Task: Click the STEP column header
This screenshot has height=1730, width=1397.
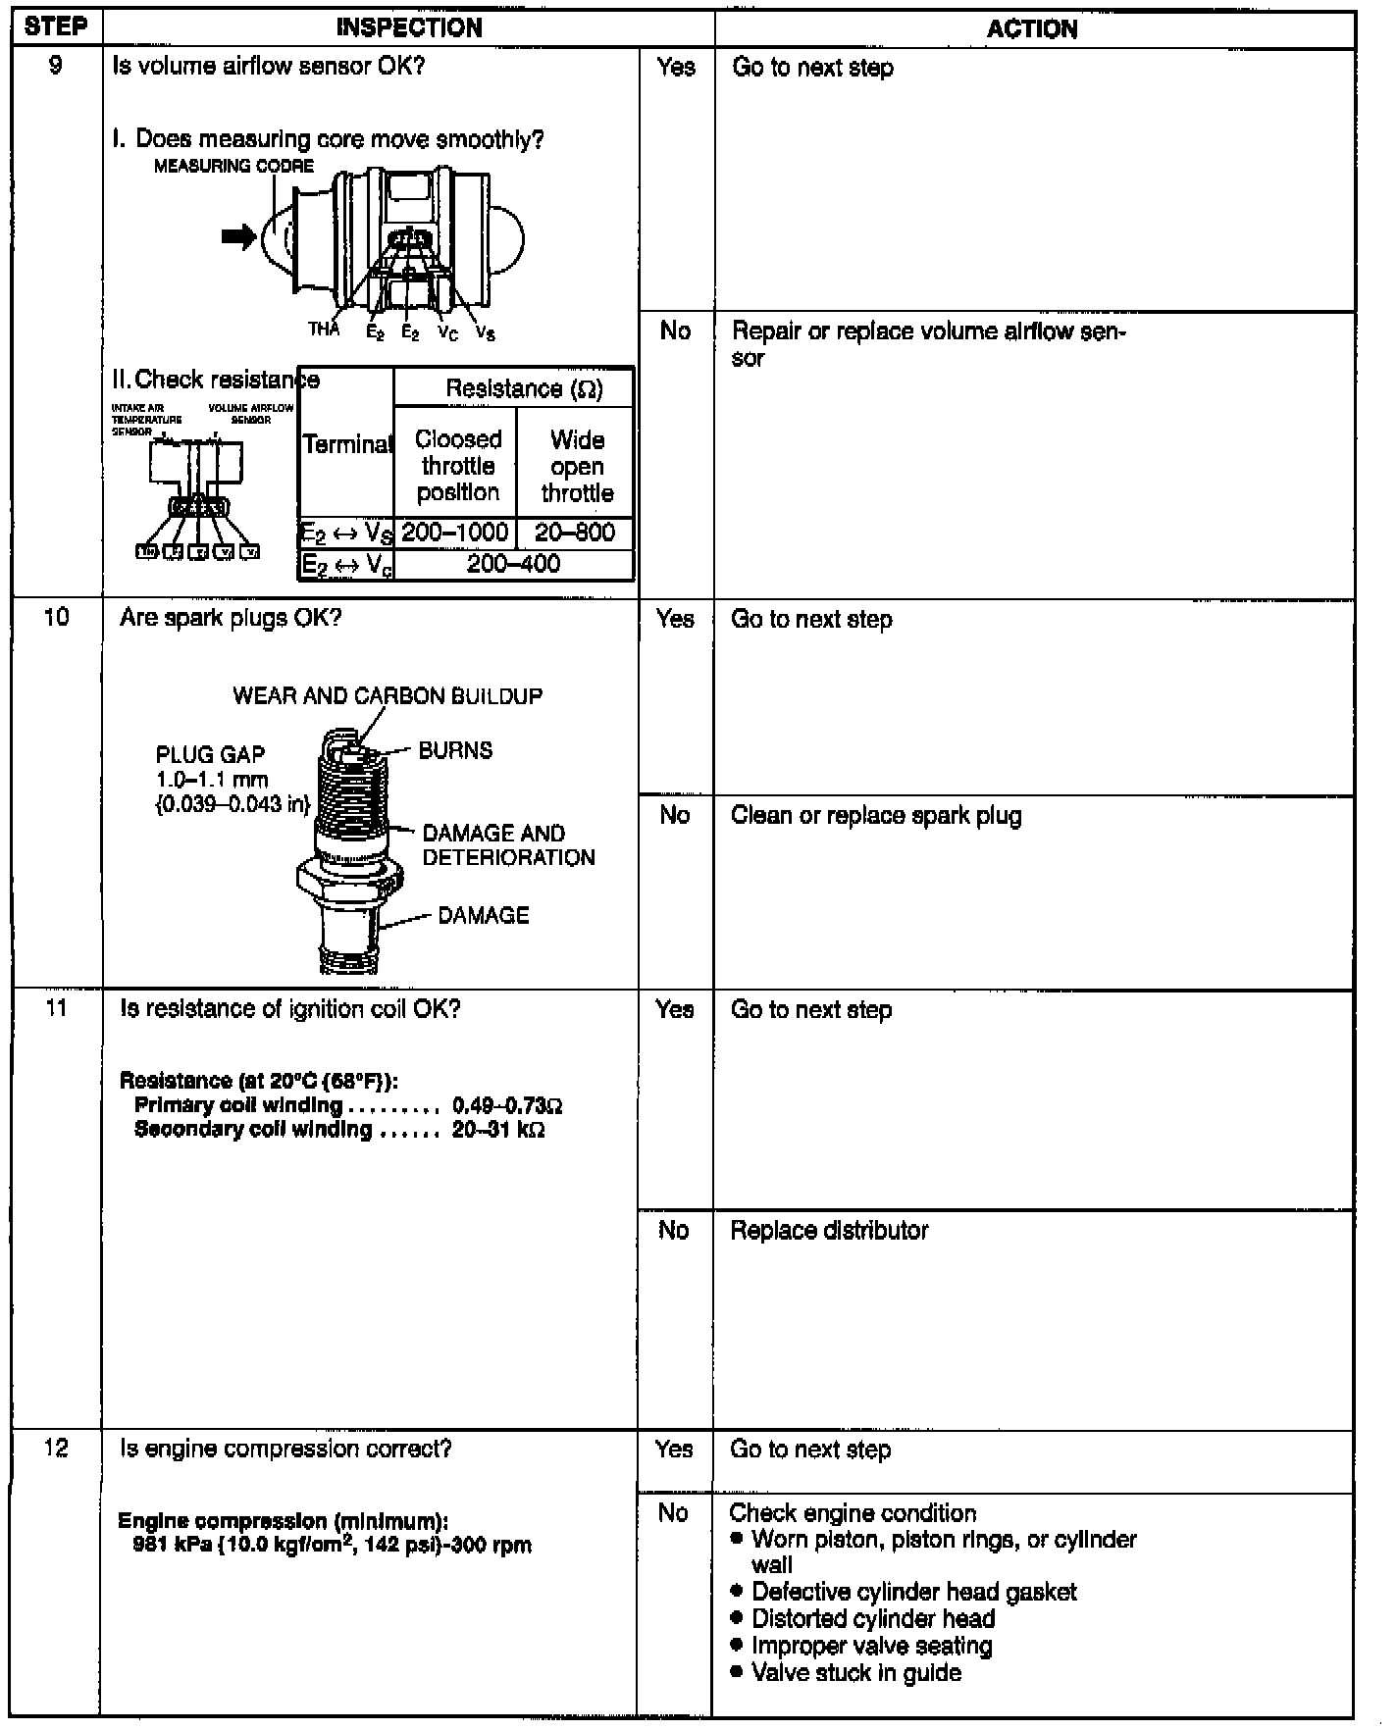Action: (56, 26)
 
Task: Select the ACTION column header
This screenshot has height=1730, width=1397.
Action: (1032, 29)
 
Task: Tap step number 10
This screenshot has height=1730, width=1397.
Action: (57, 618)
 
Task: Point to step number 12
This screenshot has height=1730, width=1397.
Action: (56, 1449)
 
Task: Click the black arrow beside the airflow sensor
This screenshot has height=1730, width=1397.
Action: (238, 236)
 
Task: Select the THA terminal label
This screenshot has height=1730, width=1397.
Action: (323, 330)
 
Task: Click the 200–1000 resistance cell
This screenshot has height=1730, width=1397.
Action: (456, 533)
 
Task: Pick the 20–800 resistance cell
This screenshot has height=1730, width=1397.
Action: (575, 533)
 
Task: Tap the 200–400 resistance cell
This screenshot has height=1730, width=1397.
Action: (513, 564)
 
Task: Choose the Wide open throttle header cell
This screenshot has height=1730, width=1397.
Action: (576, 466)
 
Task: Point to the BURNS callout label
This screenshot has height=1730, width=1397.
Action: (455, 750)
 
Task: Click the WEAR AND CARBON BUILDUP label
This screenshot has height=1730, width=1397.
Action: (388, 696)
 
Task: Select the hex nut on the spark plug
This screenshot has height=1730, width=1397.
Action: (349, 878)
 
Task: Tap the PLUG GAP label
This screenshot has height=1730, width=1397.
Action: (210, 754)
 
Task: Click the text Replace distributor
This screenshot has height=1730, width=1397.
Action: (829, 1231)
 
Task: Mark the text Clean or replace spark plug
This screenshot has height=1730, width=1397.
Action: (876, 816)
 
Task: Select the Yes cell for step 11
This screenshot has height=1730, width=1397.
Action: (675, 1010)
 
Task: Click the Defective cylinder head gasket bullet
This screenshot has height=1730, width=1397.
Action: (913, 1592)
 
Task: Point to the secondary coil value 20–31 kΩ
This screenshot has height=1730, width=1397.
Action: (498, 1130)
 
